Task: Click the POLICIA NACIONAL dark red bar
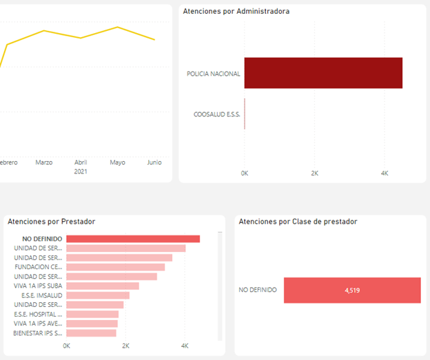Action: pos(322,73)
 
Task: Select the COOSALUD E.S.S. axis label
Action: pos(217,114)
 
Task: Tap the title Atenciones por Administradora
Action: pos(236,11)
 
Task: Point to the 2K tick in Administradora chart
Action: pos(314,173)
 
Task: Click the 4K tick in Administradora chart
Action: pos(385,173)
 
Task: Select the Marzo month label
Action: pos(44,162)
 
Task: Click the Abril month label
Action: pos(81,162)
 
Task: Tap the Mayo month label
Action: pos(117,162)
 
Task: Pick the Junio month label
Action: pos(154,162)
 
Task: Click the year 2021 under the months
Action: pos(81,172)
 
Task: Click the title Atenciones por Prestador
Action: pos(51,221)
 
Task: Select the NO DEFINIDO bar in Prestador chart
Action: pos(132,239)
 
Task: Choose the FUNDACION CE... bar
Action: pos(115,267)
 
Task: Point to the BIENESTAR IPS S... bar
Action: pos(91,333)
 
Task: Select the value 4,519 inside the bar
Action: pos(352,290)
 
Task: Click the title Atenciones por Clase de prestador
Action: pos(298,221)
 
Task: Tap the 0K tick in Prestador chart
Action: pos(66,346)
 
